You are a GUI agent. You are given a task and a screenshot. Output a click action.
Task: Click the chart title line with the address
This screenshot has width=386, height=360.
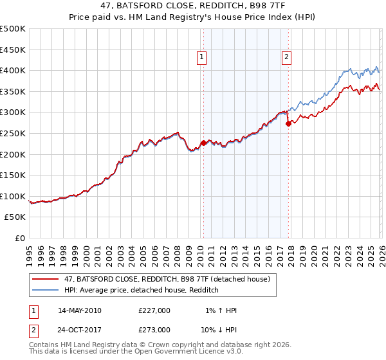[193, 6]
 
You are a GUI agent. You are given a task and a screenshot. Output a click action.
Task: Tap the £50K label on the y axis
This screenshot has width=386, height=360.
[15, 217]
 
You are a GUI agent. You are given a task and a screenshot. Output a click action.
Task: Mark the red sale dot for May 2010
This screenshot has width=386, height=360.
[203, 143]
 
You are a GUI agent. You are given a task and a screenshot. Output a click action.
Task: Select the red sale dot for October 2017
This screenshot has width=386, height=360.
[288, 123]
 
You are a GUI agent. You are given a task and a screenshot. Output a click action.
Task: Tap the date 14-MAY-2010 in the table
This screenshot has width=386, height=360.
[80, 310]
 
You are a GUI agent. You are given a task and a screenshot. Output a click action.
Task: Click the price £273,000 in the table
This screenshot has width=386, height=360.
[154, 330]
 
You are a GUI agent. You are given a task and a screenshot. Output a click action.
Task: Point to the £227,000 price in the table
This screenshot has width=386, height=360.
[154, 310]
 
